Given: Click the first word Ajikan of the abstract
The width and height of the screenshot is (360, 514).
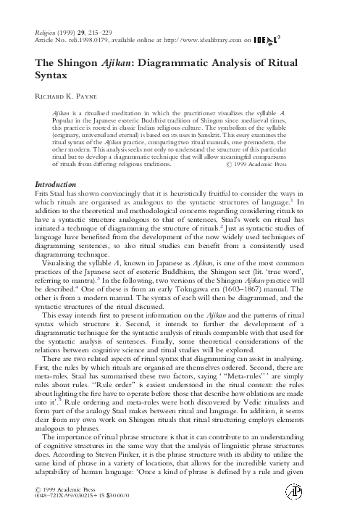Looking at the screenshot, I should [x=64, y=115].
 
